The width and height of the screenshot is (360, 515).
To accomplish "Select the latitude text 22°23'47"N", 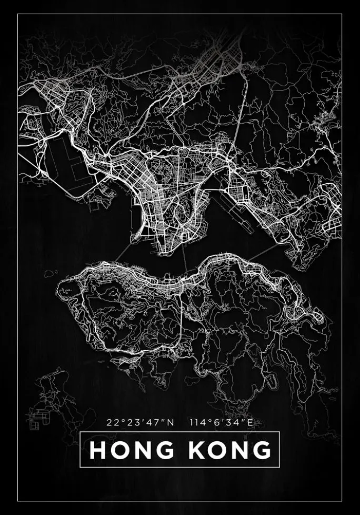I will (x=139, y=422).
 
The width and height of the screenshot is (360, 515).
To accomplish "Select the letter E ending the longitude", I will (x=251, y=422).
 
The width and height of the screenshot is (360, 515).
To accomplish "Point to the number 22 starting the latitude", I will (x=111, y=422).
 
